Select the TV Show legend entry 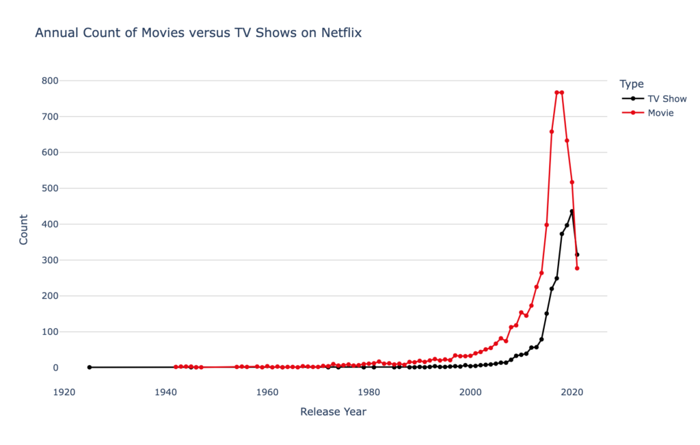pos(667,98)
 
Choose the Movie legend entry pos(660,113)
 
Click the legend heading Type pos(632,84)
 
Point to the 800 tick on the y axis pos(49,81)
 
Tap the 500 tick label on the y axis pos(49,188)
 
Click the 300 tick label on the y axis pos(49,260)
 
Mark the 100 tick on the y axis pos(49,332)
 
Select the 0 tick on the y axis pos(55,368)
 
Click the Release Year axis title pos(333,412)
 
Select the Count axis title pos(24,230)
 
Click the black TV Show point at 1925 pos(90,367)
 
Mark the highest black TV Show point pos(572,211)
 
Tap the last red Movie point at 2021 pos(577,268)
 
